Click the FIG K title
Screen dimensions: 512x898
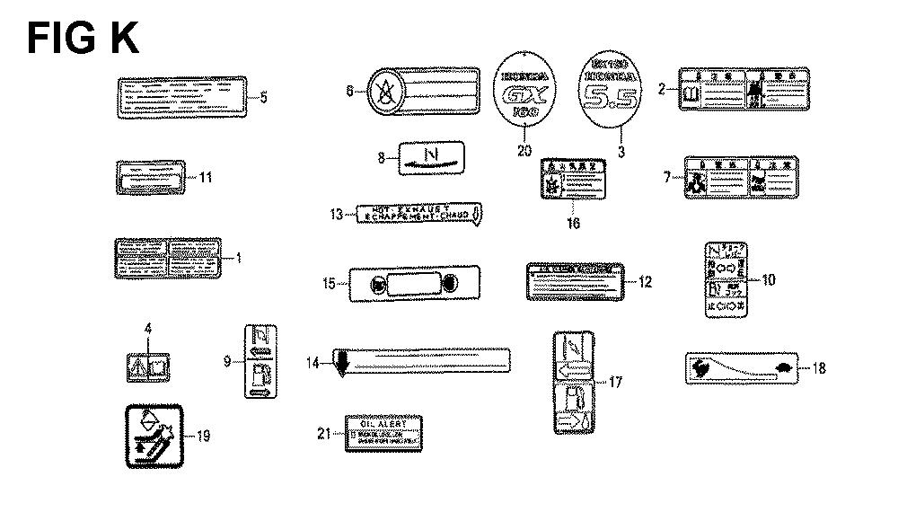pos(83,40)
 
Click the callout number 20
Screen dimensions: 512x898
pos(524,151)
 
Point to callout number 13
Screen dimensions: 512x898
pos(336,214)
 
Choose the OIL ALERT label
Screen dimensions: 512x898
pos(384,433)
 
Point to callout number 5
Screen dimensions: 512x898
pos(263,97)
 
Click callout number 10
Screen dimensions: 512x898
pos(768,279)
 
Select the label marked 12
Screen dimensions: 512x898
pos(574,280)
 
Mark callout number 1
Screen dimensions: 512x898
pos(239,258)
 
